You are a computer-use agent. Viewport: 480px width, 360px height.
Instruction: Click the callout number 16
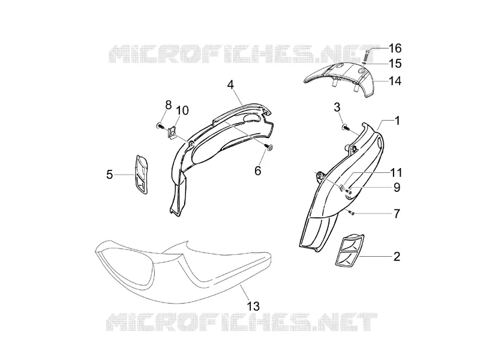click(x=395, y=48)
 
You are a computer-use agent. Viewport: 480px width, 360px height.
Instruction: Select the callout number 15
click(x=395, y=64)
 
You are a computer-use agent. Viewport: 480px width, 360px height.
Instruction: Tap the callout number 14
click(x=395, y=81)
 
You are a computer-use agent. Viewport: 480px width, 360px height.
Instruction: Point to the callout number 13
click(x=253, y=306)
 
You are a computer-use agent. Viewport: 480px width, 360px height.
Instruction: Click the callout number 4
click(x=230, y=85)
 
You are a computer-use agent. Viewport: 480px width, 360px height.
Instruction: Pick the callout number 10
click(x=182, y=110)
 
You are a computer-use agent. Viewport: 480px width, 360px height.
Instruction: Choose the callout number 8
click(x=169, y=104)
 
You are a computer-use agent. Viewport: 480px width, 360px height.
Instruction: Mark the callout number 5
click(x=110, y=175)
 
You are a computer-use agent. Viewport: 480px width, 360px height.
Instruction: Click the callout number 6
click(x=258, y=171)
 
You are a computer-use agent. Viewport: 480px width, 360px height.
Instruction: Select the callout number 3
click(x=337, y=107)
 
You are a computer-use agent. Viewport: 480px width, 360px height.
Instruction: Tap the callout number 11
click(x=395, y=173)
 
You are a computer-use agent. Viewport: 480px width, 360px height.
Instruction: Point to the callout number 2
click(x=397, y=257)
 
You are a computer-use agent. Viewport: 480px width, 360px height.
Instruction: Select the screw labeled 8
click(x=160, y=125)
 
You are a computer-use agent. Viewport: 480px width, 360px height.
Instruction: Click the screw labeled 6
click(x=269, y=148)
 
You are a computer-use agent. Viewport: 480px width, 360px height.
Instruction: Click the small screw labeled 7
click(x=352, y=212)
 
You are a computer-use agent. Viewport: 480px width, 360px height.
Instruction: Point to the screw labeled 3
click(x=345, y=126)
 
